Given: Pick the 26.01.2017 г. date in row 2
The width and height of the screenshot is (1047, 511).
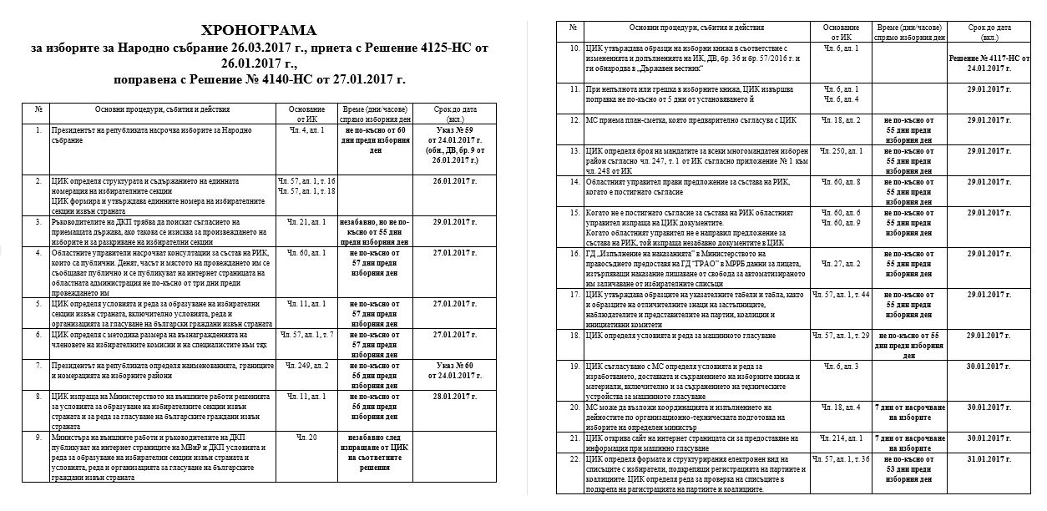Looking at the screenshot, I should (454, 181).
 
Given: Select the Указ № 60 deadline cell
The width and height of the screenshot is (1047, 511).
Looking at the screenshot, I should (454, 371).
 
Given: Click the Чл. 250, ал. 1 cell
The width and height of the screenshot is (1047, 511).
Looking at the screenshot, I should (841, 150).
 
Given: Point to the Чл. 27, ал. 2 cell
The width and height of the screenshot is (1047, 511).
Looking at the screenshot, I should (841, 263).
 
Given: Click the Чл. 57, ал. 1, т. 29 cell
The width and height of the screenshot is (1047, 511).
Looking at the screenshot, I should (841, 335).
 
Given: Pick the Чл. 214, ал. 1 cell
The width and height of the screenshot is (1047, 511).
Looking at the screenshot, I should (841, 437).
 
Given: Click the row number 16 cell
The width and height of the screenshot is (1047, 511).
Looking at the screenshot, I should (574, 252).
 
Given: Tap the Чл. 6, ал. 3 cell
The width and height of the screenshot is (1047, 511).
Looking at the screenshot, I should (841, 366).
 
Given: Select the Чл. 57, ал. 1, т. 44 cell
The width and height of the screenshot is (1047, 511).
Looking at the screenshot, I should (841, 295).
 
